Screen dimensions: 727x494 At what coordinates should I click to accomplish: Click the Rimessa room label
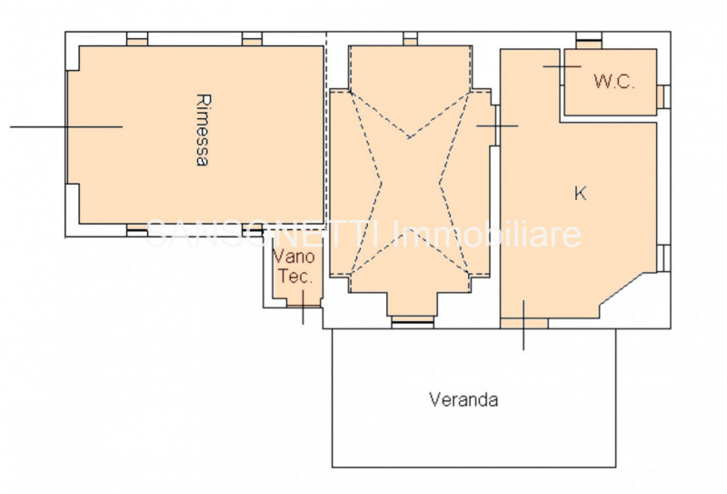202,130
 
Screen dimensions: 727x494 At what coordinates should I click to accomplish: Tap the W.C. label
614,82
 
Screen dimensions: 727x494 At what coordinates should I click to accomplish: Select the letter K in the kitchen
580,193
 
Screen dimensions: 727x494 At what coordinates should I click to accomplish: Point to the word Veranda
463,399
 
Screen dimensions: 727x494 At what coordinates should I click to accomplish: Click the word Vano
294,256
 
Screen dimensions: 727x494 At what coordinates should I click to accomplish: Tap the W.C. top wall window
589,40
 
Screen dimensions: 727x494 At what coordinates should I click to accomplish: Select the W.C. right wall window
663,96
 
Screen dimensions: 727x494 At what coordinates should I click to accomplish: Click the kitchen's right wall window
663,258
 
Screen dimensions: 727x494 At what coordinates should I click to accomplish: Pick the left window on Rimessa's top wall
137,39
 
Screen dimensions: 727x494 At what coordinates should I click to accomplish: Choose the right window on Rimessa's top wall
253,39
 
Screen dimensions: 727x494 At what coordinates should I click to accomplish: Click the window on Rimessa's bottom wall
137,230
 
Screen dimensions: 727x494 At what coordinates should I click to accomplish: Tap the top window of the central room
411,39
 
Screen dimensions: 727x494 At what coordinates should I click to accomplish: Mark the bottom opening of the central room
413,322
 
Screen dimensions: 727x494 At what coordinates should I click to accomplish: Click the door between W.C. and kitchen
562,66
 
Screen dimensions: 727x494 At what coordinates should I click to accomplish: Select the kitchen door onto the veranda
524,325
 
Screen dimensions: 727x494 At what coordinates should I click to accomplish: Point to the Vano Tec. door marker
304,307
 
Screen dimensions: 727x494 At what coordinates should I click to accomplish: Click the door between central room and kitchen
497,126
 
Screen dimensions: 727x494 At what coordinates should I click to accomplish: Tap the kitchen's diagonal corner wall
628,288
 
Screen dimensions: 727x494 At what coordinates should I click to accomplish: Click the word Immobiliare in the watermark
489,235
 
